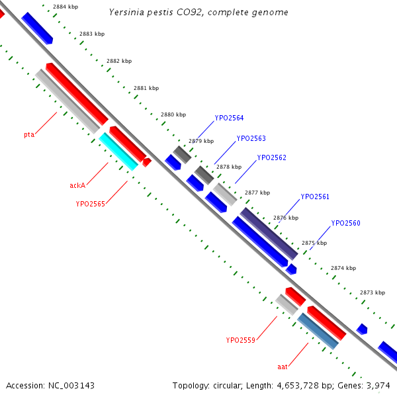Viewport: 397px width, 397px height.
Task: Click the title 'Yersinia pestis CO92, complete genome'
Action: point(198,13)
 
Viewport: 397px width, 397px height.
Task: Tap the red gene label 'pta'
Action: point(29,135)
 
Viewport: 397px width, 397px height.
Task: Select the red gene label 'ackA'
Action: point(77,185)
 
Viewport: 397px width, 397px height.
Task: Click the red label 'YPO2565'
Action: point(90,204)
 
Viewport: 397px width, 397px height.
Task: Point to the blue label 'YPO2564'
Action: point(229,118)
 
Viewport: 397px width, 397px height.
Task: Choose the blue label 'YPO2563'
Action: point(251,139)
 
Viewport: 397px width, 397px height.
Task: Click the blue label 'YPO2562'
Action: point(271,158)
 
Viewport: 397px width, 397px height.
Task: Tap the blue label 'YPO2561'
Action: point(315,197)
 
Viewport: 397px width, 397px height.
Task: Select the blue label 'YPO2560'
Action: point(345,224)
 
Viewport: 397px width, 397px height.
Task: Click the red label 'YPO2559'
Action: point(240,341)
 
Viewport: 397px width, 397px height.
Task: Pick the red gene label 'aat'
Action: point(282,365)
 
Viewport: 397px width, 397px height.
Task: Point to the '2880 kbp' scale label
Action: point(173,115)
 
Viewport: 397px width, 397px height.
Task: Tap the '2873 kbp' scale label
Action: point(373,292)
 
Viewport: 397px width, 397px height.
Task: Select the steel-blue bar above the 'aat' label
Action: point(318,331)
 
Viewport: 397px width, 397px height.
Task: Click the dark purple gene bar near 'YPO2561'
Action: point(269,234)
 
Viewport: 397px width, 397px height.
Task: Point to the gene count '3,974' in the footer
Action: point(380,385)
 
